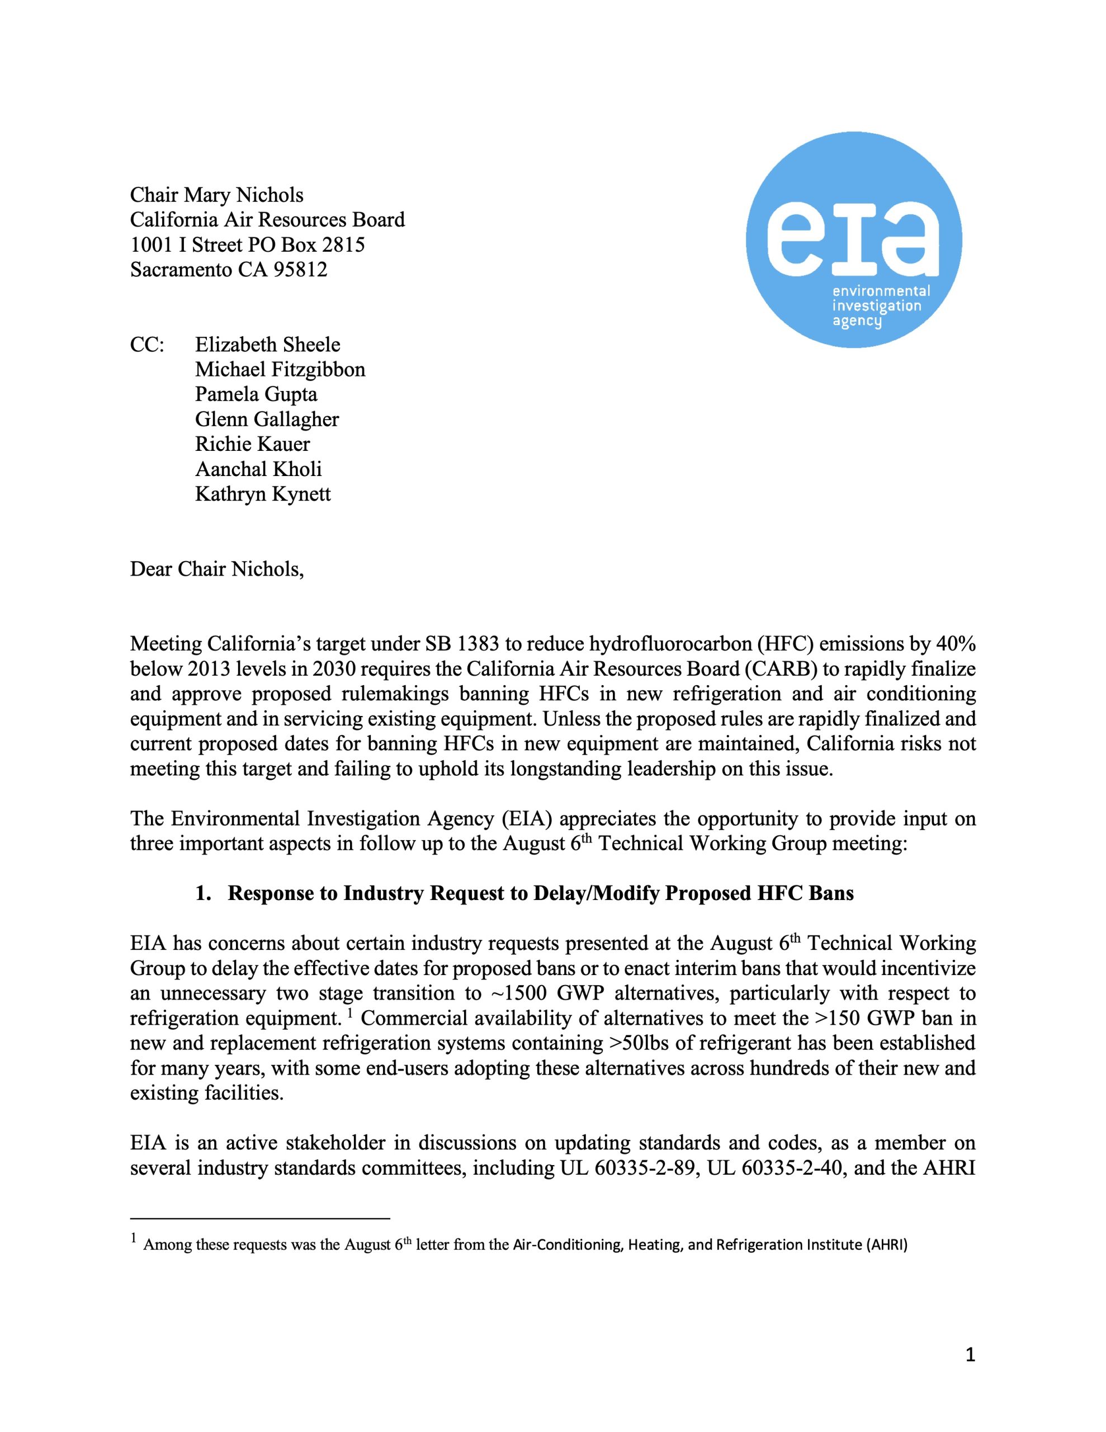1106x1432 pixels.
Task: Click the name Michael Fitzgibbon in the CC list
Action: click(280, 370)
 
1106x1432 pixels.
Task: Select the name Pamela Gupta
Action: click(256, 395)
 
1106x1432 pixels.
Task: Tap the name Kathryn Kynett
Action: click(262, 494)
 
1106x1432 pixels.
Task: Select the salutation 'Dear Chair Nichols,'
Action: click(217, 569)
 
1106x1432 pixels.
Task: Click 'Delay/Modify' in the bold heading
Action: click(596, 894)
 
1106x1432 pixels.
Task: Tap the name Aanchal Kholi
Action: click(258, 469)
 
